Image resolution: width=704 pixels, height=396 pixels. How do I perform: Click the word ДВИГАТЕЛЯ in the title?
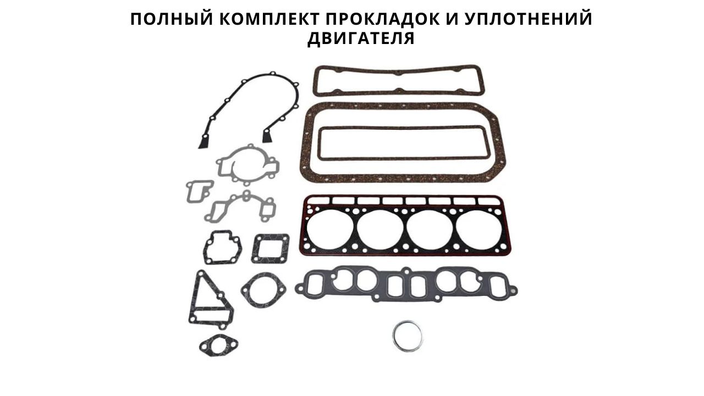(x=361, y=38)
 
